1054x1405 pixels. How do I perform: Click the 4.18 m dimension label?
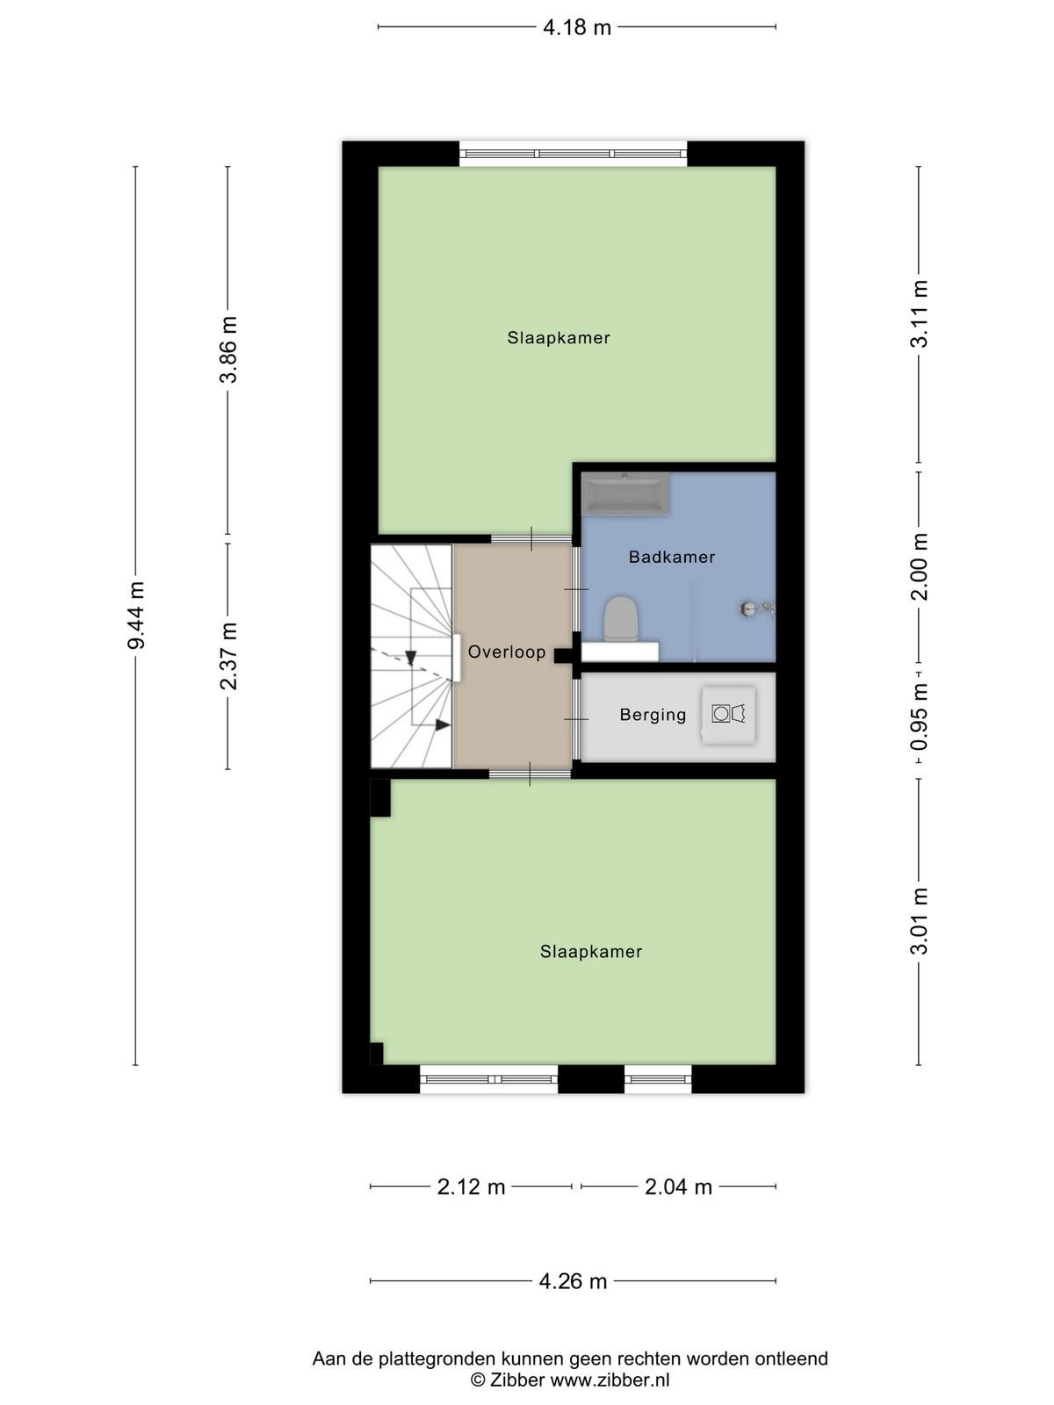(x=576, y=27)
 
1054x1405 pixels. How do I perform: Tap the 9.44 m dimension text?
(x=136, y=616)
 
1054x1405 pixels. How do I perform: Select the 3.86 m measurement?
(x=228, y=349)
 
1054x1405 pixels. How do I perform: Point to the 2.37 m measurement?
(x=228, y=656)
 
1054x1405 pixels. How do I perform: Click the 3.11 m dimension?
(x=919, y=313)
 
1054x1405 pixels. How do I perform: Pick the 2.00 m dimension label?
(x=919, y=567)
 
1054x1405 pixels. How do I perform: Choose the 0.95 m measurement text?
(x=919, y=717)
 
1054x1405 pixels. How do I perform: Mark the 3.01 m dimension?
(x=919, y=921)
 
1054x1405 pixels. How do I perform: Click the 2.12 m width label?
(x=471, y=1187)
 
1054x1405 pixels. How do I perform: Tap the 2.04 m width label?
(x=678, y=1187)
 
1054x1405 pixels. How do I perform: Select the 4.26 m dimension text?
(x=573, y=1281)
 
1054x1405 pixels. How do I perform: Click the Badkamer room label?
(x=672, y=557)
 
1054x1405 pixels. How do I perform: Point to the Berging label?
(x=653, y=715)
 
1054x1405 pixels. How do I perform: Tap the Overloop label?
(x=507, y=652)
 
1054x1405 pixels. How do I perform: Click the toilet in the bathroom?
(x=621, y=619)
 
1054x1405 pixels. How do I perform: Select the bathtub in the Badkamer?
(x=626, y=494)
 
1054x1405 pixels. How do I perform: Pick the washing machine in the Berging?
(x=728, y=715)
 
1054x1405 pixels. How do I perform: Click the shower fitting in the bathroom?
(x=757, y=609)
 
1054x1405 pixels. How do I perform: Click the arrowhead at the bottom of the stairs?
(x=442, y=724)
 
